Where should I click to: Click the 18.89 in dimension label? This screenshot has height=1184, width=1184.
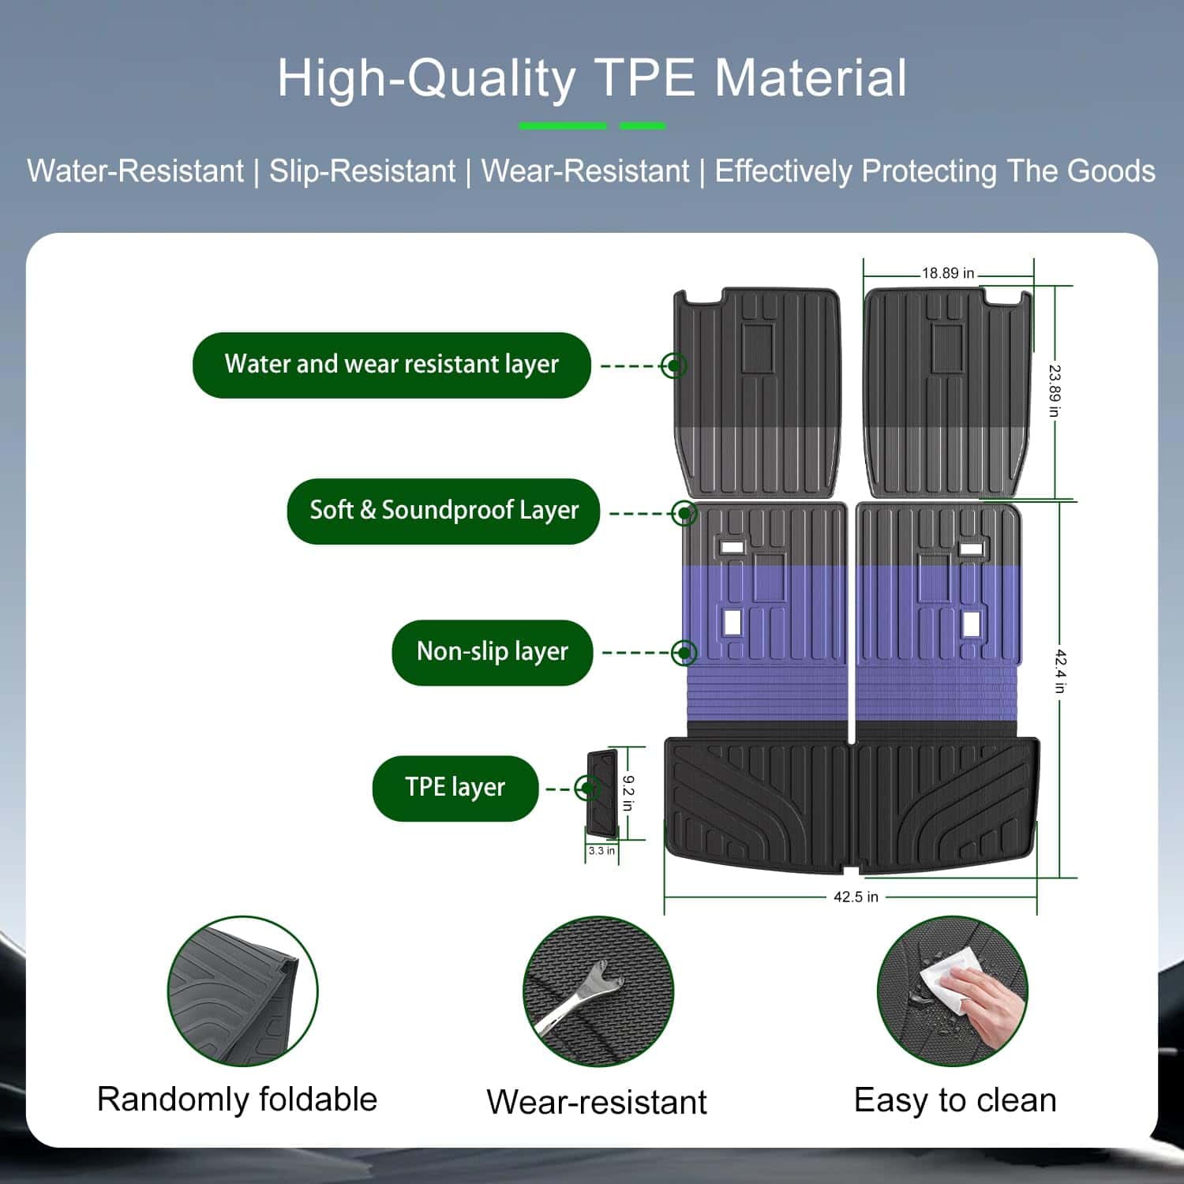click(948, 273)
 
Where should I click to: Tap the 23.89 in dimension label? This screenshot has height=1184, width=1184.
click(1055, 391)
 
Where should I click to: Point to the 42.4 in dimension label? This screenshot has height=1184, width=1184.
click(1062, 671)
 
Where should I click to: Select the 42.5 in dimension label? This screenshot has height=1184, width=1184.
click(856, 897)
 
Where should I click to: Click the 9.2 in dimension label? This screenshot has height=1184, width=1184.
click(628, 793)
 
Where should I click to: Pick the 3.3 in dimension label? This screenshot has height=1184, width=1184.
click(601, 851)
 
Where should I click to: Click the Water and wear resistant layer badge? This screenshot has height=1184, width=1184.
click(392, 365)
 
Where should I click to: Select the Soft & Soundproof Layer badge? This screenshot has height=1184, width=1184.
click(444, 511)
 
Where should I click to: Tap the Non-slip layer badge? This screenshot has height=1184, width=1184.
click(493, 652)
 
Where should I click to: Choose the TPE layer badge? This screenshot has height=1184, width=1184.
click(455, 788)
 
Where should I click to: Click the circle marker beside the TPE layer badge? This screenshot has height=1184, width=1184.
click(586, 788)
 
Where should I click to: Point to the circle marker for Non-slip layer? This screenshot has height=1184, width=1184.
click(684, 652)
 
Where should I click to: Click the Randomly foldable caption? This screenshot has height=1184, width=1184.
click(237, 1100)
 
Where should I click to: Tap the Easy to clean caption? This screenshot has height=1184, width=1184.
click(955, 1100)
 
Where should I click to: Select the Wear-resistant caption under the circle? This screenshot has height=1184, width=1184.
click(597, 1102)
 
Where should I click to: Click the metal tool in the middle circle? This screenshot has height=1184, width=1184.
click(580, 996)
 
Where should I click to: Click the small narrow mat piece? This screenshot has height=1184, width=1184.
click(601, 793)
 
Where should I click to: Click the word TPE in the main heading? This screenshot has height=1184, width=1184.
click(644, 79)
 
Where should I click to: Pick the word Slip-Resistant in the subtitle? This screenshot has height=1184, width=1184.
click(362, 171)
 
